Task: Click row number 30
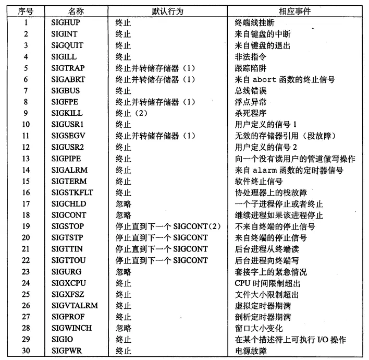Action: [x=26, y=351]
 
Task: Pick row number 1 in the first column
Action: [x=26, y=23]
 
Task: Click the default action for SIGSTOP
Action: [x=161, y=226]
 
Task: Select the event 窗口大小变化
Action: [x=259, y=328]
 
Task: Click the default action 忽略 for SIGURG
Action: [x=123, y=272]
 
